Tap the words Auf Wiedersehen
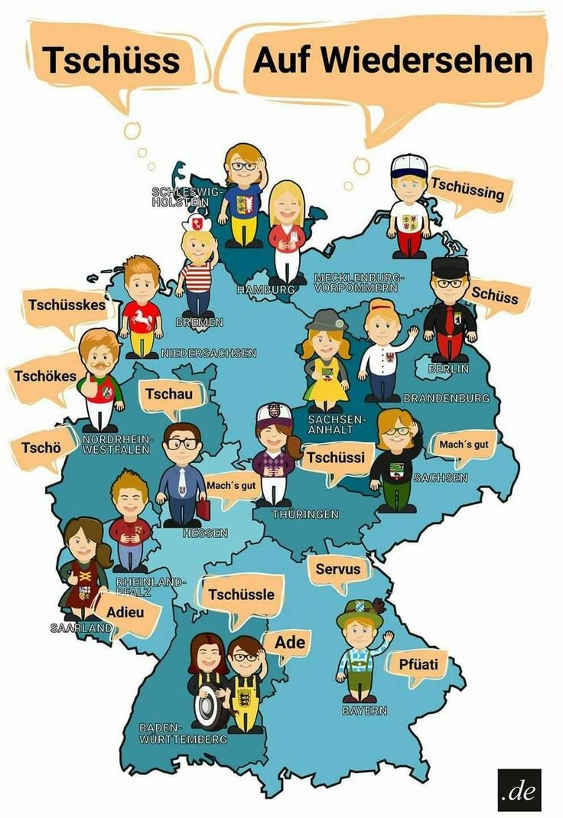tap(392, 60)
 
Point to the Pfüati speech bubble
tap(418, 664)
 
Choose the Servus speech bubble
tap(337, 569)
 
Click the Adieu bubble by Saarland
tap(126, 614)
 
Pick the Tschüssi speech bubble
tap(337, 458)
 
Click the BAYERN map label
tap(364, 710)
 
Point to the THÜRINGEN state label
tap(305, 514)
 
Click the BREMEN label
tap(198, 322)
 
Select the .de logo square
tap(519, 790)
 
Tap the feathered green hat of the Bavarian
tap(362, 611)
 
